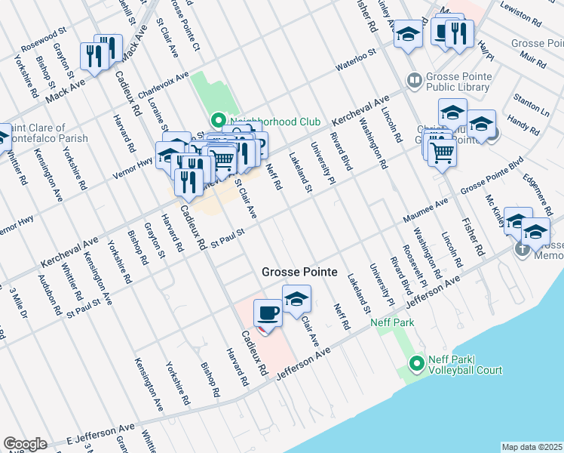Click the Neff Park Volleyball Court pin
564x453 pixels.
(x=415, y=365)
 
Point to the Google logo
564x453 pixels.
(x=25, y=444)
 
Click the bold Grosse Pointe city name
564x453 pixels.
(x=299, y=273)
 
